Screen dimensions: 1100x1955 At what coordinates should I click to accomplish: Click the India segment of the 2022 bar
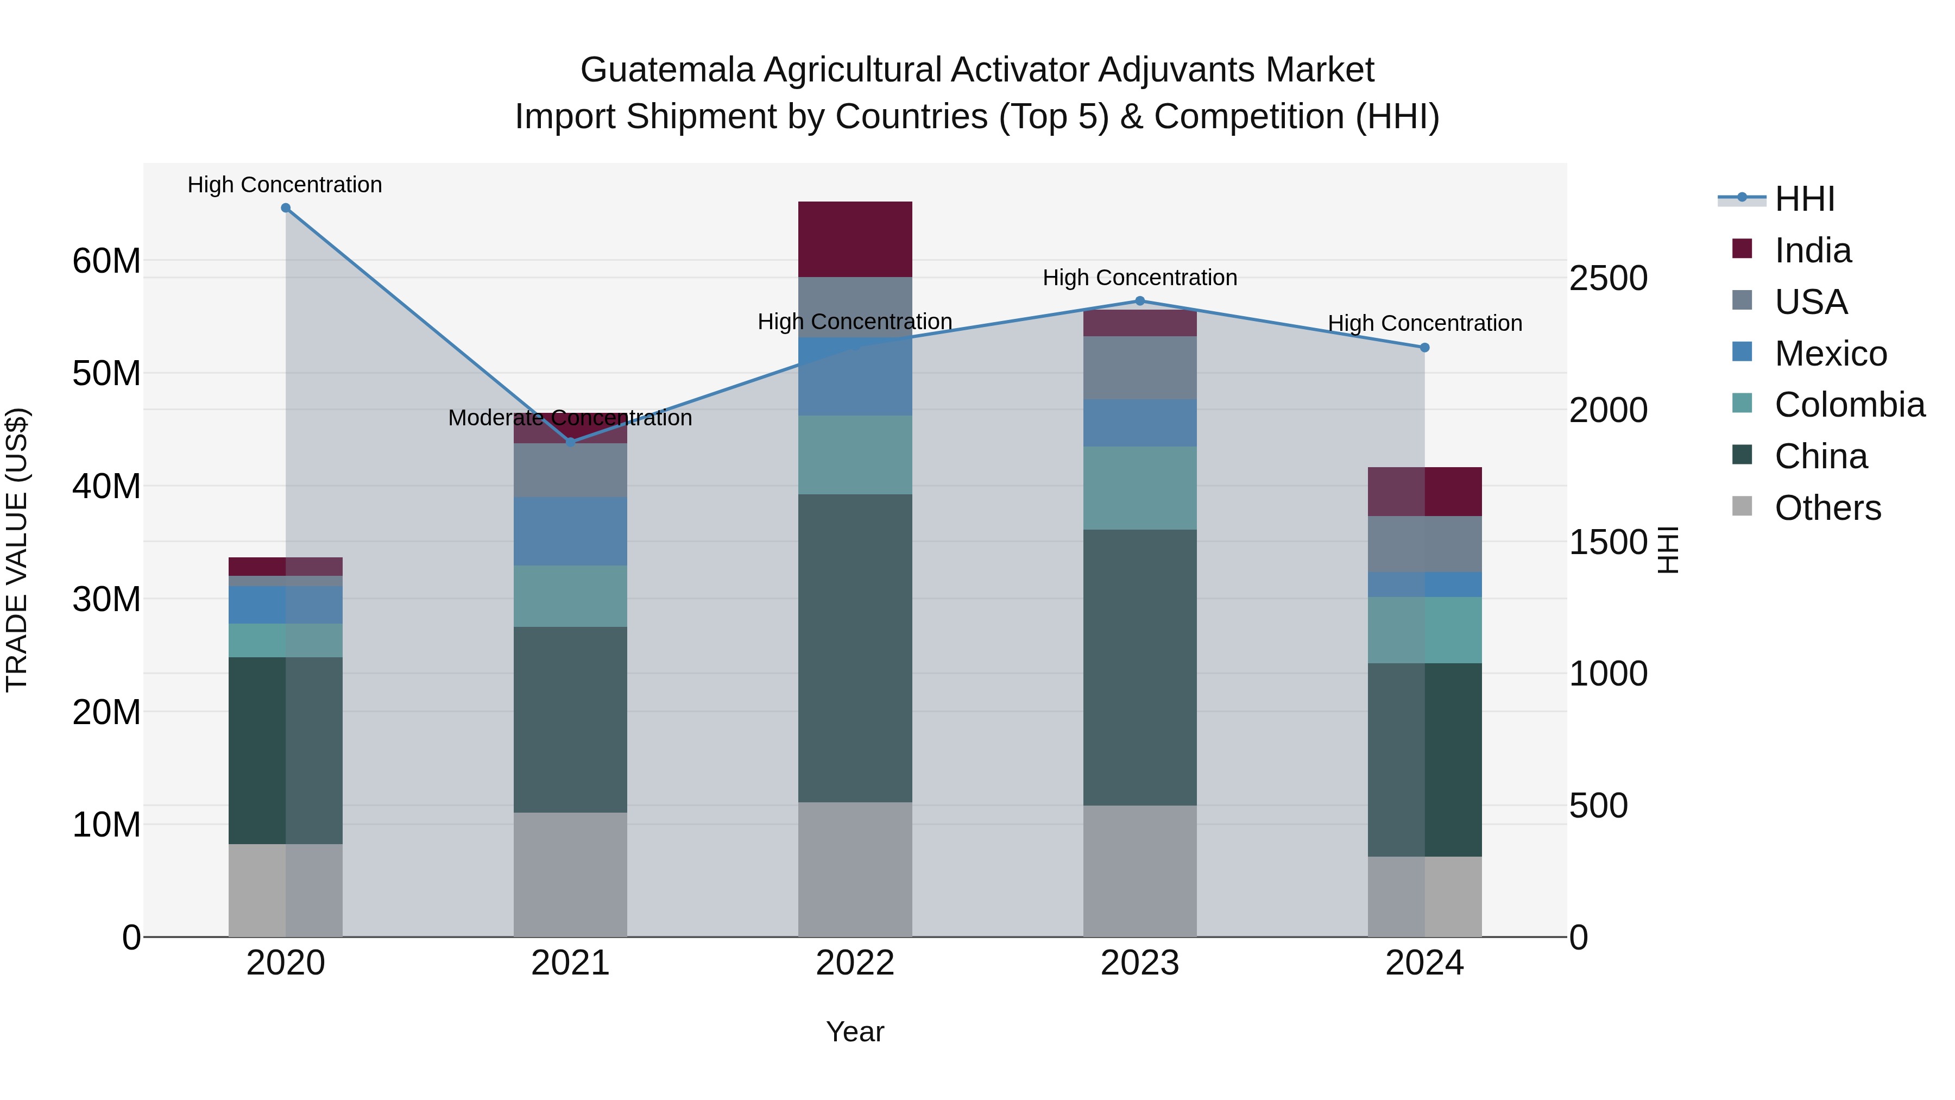coord(855,239)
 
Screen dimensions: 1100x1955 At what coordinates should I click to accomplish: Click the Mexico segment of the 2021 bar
coord(570,531)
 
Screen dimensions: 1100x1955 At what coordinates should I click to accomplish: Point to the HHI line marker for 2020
coord(285,208)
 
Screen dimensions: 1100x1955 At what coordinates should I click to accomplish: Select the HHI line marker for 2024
coord(1424,348)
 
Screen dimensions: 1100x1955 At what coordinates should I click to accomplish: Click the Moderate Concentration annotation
coord(570,418)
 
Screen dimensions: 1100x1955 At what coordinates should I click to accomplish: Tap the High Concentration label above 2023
coord(1139,278)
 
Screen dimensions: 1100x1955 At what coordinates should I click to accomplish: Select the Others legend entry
coord(1827,508)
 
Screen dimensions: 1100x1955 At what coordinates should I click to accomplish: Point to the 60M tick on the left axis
coord(106,261)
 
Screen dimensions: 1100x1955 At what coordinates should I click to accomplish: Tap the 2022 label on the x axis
coord(855,963)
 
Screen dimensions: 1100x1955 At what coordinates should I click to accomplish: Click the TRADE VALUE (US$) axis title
coord(17,550)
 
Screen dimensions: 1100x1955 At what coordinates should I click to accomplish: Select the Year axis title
coord(855,1032)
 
